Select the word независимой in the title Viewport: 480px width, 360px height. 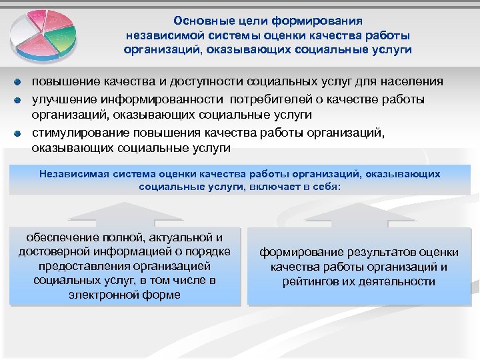tap(167, 35)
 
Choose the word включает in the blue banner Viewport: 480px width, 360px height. tap(275, 187)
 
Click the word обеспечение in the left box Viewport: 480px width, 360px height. tap(58, 237)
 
